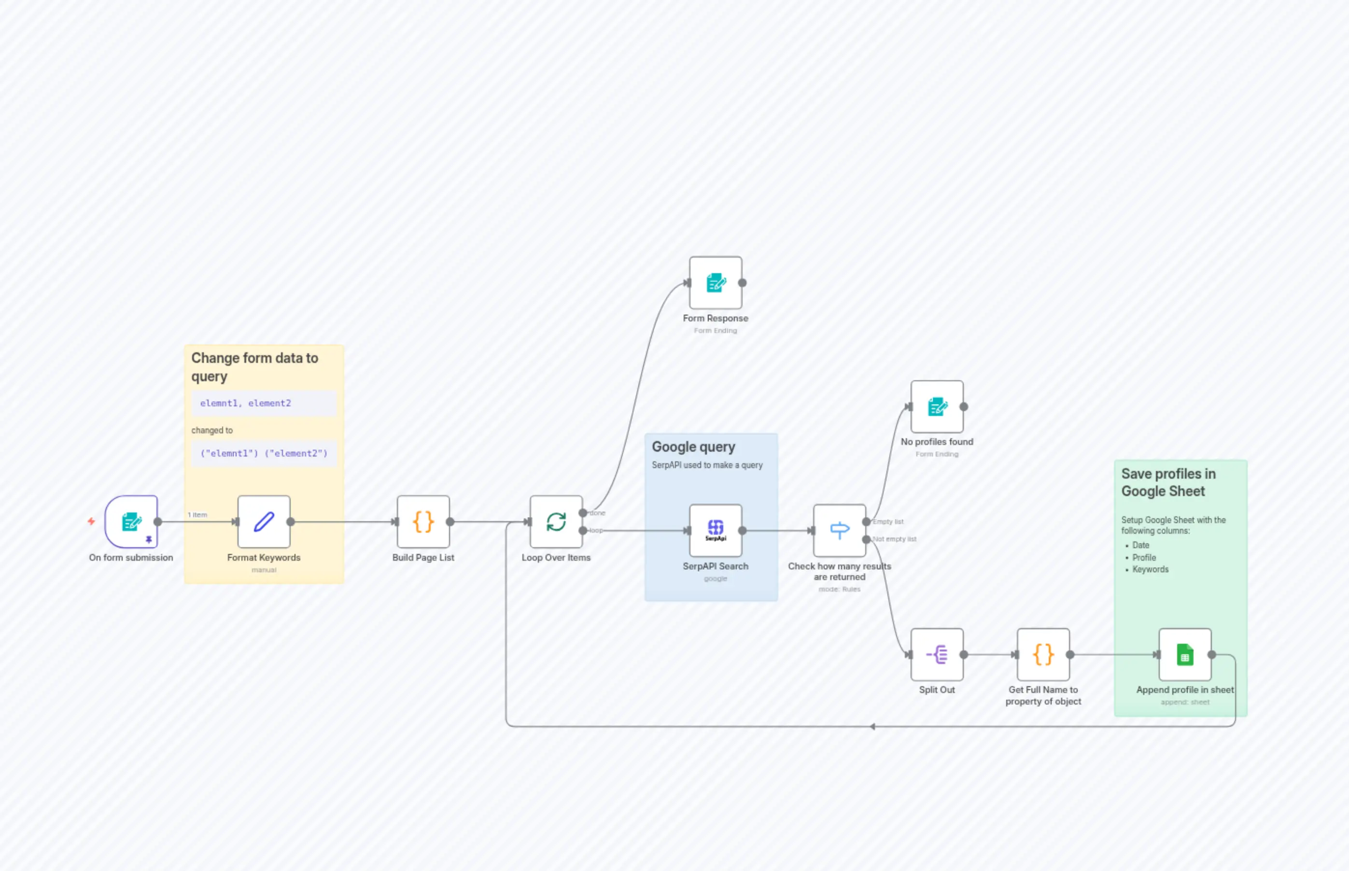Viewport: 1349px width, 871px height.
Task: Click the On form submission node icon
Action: click(x=131, y=522)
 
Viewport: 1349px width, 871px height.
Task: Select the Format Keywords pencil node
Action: click(x=264, y=522)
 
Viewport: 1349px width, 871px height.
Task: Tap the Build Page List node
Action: click(x=423, y=522)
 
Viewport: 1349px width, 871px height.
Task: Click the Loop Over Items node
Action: click(x=556, y=522)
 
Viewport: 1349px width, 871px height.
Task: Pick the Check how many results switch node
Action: click(x=839, y=530)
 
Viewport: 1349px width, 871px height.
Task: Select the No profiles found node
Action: click(x=937, y=406)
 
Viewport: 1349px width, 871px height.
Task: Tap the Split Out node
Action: click(x=937, y=654)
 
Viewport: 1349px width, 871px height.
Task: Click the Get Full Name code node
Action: click(x=1043, y=654)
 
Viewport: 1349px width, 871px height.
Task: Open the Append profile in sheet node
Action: click(x=1184, y=654)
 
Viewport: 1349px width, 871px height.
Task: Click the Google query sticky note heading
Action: click(x=693, y=447)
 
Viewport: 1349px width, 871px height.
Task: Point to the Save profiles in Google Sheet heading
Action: click(x=1168, y=482)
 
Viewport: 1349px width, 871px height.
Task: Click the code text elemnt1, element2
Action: click(x=246, y=403)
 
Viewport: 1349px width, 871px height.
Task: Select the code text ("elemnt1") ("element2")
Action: click(x=264, y=453)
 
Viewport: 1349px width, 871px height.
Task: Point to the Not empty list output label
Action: click(x=894, y=539)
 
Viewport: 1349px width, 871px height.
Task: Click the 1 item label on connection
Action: click(x=197, y=515)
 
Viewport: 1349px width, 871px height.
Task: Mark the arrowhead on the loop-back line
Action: click(x=872, y=726)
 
